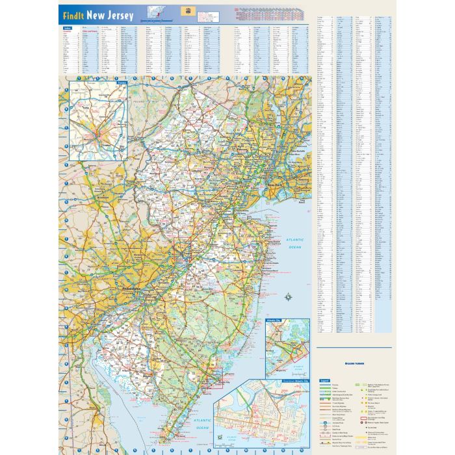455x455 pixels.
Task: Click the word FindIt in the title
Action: (x=73, y=16)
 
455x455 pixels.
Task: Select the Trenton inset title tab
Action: (x=121, y=83)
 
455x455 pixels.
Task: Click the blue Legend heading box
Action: (x=325, y=380)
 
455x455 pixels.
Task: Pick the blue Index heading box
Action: (x=68, y=29)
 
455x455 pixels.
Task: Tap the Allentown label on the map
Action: (x=101, y=194)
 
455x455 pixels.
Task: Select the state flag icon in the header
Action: (x=190, y=13)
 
